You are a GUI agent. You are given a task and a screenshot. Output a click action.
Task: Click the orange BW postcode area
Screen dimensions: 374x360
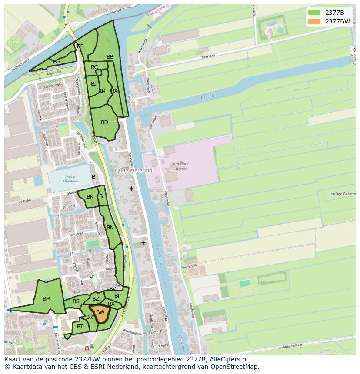click(x=100, y=313)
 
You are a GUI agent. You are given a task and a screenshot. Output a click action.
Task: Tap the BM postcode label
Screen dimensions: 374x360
click(x=47, y=299)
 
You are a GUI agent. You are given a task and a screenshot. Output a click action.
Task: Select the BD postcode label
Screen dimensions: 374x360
click(x=104, y=122)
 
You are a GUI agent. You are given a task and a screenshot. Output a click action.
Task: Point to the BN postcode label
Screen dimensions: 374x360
click(x=110, y=228)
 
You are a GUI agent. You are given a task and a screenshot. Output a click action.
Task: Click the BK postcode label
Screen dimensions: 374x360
click(x=90, y=197)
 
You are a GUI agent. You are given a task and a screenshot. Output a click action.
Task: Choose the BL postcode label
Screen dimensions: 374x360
click(x=102, y=196)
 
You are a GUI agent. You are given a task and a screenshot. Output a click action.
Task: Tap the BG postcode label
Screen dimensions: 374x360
click(x=57, y=62)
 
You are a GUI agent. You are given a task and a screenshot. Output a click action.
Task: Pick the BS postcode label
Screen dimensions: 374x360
click(x=76, y=301)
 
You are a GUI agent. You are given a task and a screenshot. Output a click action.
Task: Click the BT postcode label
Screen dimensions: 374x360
click(x=80, y=327)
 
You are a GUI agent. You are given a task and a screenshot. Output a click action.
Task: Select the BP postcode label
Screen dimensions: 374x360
click(x=117, y=296)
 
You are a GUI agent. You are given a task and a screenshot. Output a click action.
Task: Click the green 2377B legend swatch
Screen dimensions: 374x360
click(x=314, y=13)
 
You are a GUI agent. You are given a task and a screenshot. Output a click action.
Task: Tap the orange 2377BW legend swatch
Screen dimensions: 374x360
click(x=314, y=21)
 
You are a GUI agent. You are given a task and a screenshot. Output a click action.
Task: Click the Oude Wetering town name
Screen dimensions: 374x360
click(x=133, y=171)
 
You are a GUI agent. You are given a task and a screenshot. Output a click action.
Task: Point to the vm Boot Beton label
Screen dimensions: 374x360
click(x=180, y=166)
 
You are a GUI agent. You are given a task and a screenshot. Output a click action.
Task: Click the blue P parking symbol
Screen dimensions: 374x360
click(x=44, y=324)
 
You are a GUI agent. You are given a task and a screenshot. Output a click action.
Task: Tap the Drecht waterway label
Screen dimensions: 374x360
click(x=207, y=97)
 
